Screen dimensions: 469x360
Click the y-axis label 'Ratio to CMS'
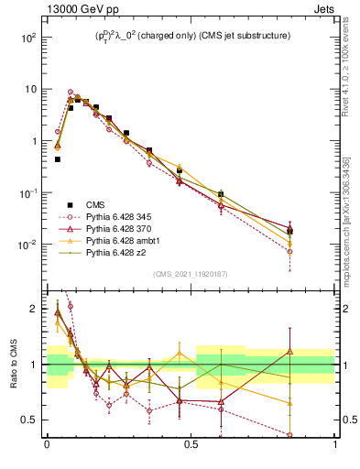pyautogui.click(x=12, y=365)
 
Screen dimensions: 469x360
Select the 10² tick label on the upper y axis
pyautogui.click(x=29, y=38)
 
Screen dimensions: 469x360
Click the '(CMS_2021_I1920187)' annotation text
pyautogui.click(x=191, y=274)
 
